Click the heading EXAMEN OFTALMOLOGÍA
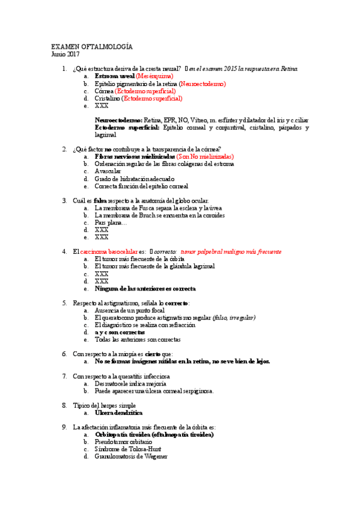(92, 47)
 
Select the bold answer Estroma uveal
(115, 77)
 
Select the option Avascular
(109, 171)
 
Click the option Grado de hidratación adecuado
(135, 179)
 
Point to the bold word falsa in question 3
(100, 200)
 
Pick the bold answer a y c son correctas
(120, 332)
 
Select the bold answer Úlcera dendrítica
(118, 413)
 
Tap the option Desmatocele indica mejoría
(130, 383)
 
